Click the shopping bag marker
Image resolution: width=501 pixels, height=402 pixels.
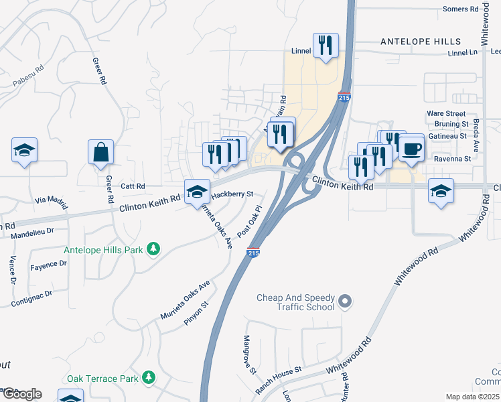[100, 152]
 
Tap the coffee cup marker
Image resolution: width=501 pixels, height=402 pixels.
[411, 148]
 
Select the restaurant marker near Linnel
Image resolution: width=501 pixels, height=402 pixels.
[326, 46]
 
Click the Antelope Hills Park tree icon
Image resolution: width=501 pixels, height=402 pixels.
[154, 249]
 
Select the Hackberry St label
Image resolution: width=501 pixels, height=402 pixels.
[232, 194]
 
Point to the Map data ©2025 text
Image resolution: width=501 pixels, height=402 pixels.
[472, 397]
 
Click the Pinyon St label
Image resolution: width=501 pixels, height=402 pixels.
[197, 313]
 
